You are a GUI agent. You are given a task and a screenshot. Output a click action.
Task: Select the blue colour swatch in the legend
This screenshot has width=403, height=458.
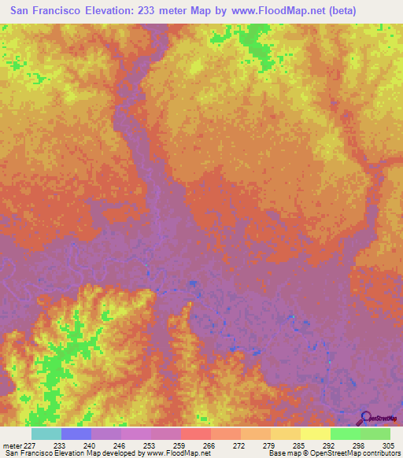(x=76, y=434)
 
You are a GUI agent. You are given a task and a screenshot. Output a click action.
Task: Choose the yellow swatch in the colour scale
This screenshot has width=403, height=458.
(x=315, y=434)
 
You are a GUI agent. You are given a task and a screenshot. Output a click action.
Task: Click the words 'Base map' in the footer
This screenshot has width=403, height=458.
(x=280, y=453)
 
